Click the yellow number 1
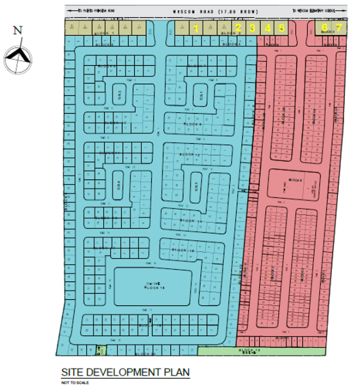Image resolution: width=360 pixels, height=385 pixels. tap(196, 28)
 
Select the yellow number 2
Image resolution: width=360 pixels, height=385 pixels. tap(238, 28)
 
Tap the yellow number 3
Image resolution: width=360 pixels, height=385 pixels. tap(252, 28)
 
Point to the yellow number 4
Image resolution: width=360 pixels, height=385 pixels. tap(267, 28)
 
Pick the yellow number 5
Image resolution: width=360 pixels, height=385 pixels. tap(281, 28)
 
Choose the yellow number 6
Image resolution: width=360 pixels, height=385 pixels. tap(324, 27)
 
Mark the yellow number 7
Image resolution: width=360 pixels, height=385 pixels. tap(339, 27)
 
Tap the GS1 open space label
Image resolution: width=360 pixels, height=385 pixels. tap(201, 97)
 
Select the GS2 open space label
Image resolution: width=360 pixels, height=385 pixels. tap(119, 94)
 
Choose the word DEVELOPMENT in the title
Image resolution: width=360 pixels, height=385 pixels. tap(123, 373)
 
